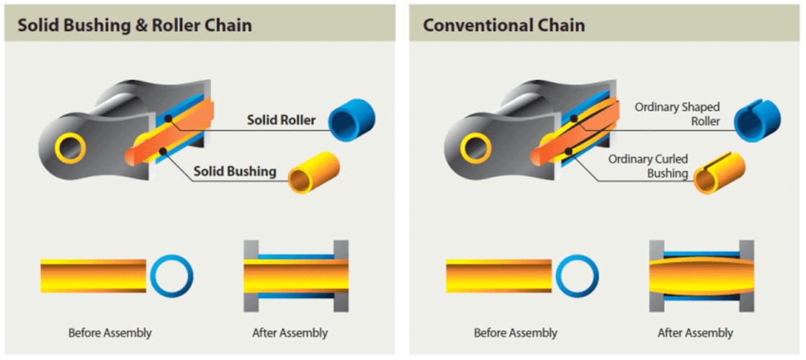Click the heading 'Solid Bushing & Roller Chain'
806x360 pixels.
point(135,25)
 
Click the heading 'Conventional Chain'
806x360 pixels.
point(503,25)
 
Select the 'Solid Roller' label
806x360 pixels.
point(281,120)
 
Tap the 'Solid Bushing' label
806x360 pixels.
point(235,171)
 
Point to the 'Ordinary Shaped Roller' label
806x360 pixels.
point(677,114)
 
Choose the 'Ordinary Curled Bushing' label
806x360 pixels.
point(648,166)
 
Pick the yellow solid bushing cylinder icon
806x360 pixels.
point(314,172)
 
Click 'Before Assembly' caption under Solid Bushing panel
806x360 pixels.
point(110,333)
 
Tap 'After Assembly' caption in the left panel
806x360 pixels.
point(290,333)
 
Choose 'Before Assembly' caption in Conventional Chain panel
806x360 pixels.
point(516,333)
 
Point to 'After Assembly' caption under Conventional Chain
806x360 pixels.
point(695,333)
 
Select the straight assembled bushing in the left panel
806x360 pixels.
point(296,276)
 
